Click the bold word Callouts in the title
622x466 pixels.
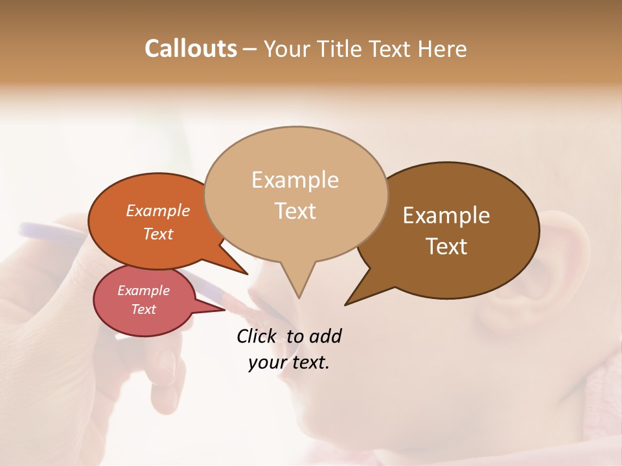[190, 49]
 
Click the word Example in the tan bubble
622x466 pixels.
[295, 180]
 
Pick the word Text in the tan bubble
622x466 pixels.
[295, 211]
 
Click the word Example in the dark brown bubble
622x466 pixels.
[446, 216]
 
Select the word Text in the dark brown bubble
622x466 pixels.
[446, 247]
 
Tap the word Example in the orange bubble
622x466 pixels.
[158, 211]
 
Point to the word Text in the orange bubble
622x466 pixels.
[158, 234]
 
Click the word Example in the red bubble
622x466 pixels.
[143, 291]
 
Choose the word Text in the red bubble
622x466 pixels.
[143, 309]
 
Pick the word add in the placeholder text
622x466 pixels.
[325, 336]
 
